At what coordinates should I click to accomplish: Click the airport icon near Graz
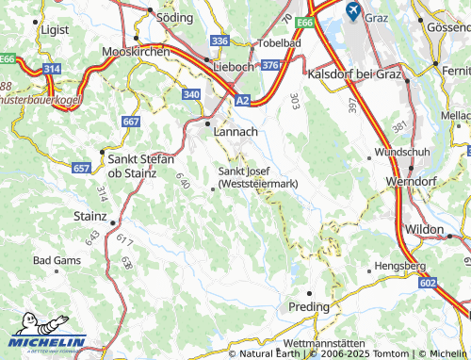point(353,11)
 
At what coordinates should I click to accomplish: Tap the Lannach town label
point(235,133)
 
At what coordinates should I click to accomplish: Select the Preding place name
point(309,307)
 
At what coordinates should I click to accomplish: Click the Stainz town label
point(89,216)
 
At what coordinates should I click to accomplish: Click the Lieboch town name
point(235,67)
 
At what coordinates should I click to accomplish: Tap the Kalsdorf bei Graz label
point(353,73)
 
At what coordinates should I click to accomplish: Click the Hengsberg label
point(403,267)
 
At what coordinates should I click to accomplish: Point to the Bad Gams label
point(54,259)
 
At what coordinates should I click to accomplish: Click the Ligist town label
point(56,30)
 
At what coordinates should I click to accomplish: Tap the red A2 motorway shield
point(243,99)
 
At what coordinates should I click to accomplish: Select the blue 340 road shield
point(191,94)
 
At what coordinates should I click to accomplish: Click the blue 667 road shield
point(131,122)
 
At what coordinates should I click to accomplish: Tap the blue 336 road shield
point(220,41)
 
